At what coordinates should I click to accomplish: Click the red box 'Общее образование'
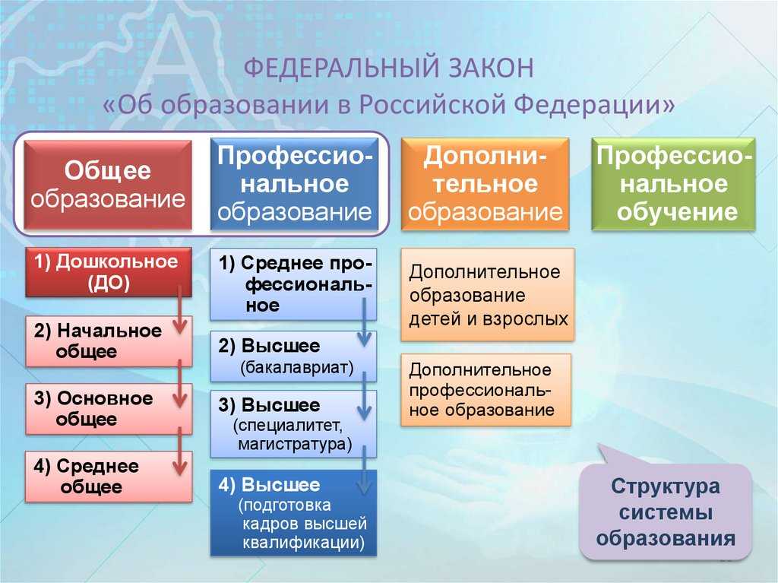(108, 185)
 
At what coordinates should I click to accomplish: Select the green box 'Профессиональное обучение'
(673, 184)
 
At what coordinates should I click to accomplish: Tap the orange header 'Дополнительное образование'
(485, 184)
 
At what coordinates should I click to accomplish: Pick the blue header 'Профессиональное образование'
(294, 184)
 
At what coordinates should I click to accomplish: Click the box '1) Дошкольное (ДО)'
(108, 272)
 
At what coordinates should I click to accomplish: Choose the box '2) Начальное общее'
(108, 341)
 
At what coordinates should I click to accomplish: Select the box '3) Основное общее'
(108, 409)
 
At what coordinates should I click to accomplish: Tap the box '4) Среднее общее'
(108, 477)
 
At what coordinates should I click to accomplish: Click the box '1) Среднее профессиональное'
(293, 284)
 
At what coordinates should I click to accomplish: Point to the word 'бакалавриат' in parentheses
(297, 368)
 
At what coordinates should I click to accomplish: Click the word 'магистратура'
(295, 443)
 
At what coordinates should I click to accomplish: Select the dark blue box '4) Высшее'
(293, 513)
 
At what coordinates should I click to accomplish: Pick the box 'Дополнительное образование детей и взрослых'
(487, 295)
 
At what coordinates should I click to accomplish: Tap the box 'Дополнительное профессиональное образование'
(485, 391)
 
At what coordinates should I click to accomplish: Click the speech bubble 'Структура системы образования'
(666, 512)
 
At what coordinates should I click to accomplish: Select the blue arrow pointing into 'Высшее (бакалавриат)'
(364, 322)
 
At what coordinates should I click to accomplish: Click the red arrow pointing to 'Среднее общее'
(180, 451)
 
